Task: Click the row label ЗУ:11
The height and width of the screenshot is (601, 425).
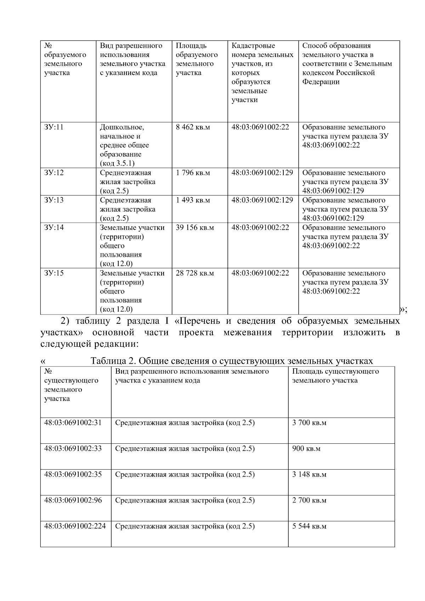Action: (x=54, y=127)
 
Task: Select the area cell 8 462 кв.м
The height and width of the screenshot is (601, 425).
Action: (x=193, y=127)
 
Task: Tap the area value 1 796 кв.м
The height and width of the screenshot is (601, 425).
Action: (x=193, y=173)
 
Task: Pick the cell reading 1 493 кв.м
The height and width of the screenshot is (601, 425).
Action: (x=193, y=200)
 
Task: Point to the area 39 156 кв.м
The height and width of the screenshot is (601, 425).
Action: (x=195, y=227)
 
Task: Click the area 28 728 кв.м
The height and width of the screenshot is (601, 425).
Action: (x=195, y=273)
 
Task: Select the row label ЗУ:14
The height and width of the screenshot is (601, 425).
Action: (x=54, y=227)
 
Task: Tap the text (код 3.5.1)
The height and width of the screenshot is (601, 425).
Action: (x=117, y=163)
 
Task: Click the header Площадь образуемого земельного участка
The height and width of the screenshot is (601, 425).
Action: (x=197, y=59)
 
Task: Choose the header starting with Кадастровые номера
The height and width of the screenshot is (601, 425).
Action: (x=262, y=73)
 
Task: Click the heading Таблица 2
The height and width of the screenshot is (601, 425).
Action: (x=232, y=361)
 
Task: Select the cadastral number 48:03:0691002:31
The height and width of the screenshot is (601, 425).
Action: (x=73, y=423)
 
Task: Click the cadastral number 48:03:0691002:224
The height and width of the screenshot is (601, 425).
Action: (x=75, y=526)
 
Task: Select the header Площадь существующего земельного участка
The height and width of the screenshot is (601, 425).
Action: (x=335, y=376)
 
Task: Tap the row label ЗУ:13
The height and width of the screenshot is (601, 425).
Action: (x=54, y=200)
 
